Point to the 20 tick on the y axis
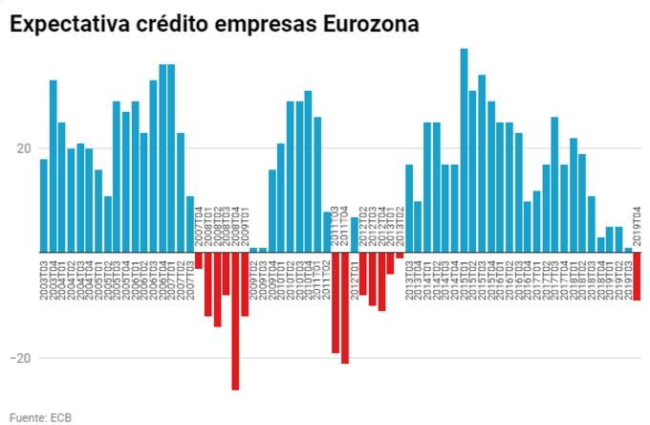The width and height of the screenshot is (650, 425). pos(24,149)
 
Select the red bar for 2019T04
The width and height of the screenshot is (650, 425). pos(637,276)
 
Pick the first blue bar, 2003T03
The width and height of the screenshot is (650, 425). pos(44,206)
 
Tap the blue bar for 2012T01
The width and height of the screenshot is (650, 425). pos(355,235)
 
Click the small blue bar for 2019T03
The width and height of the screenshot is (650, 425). pos(628,250)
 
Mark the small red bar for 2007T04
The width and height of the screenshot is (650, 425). pos(199,260)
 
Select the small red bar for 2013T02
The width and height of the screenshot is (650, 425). pos(400,256)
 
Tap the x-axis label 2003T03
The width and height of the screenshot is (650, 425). pos(44,279)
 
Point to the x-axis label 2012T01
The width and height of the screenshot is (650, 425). pos(355,279)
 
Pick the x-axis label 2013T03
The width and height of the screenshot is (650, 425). pos(409,279)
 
